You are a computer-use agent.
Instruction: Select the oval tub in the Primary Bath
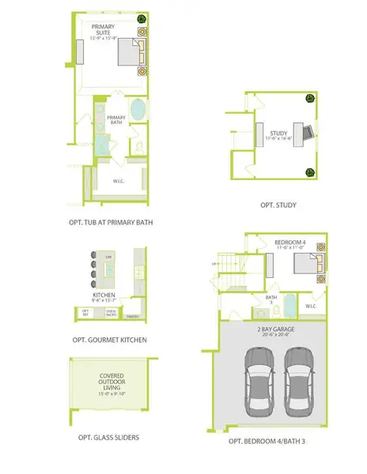(x=138, y=110)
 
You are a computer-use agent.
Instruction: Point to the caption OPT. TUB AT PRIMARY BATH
(x=111, y=223)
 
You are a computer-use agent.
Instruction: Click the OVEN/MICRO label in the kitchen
(x=112, y=313)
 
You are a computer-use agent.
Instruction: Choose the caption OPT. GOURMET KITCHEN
(x=108, y=340)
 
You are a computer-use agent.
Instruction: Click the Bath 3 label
(x=270, y=299)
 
